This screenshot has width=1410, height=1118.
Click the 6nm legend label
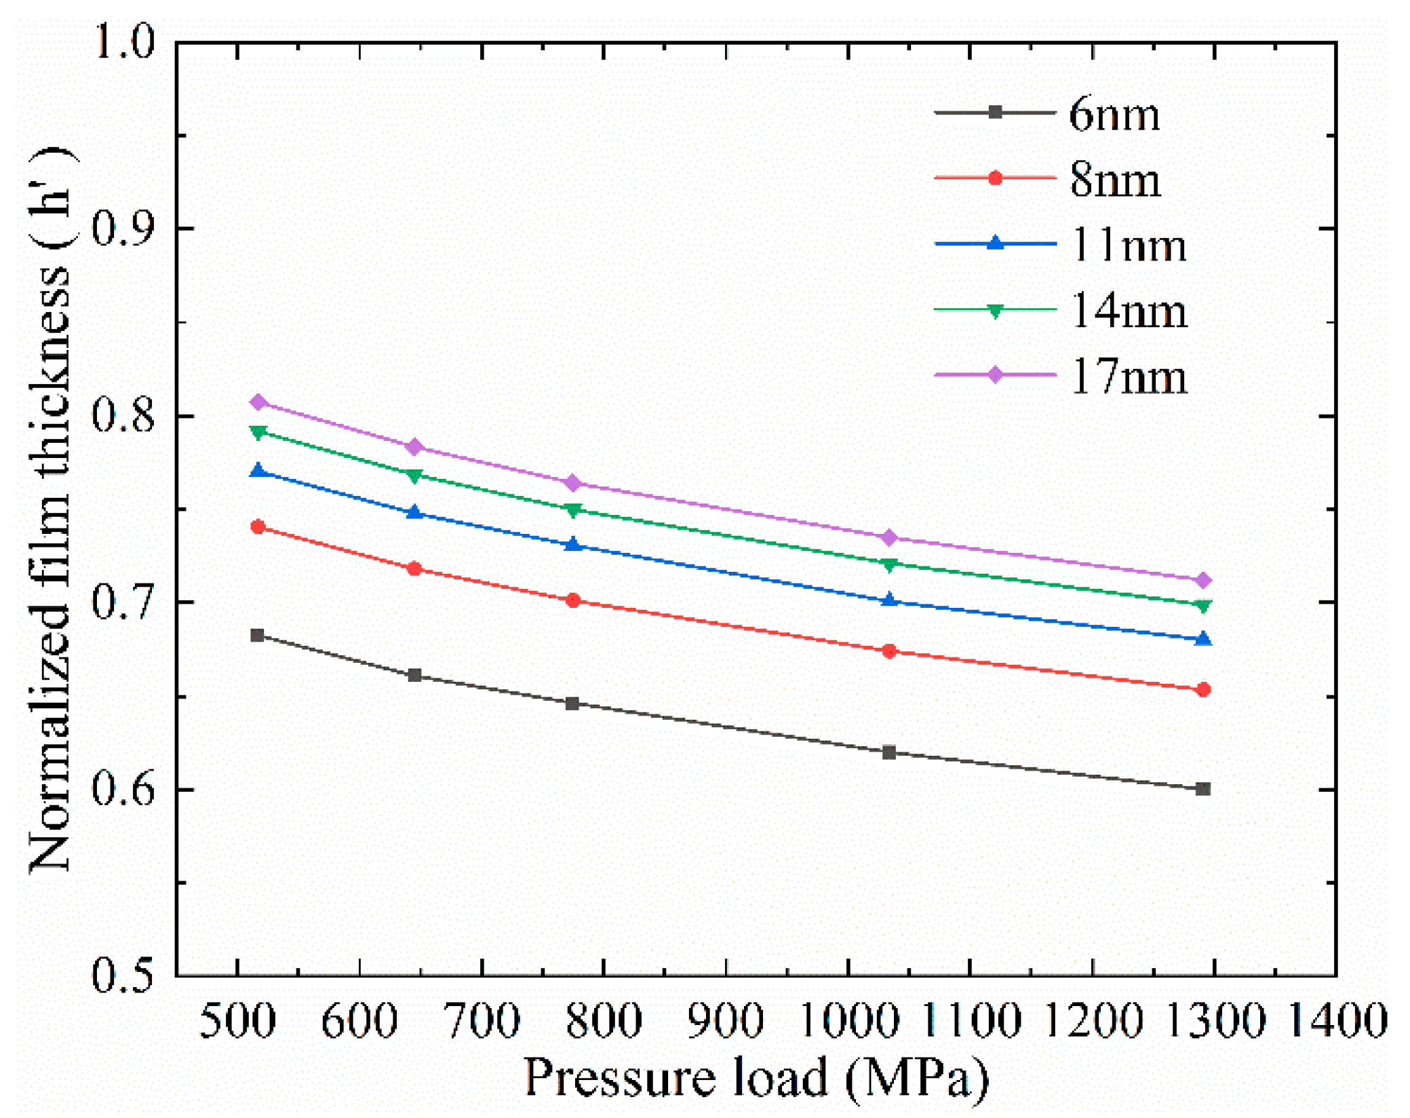(x=1114, y=114)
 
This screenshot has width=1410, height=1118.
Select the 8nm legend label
(x=1115, y=180)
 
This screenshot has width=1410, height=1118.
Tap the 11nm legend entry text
(x=1129, y=245)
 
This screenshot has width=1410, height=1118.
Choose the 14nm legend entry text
(x=1129, y=311)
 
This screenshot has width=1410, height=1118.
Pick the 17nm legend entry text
(x=1129, y=377)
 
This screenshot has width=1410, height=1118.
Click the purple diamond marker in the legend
(x=994, y=374)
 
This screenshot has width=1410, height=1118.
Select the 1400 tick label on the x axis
(x=1336, y=1020)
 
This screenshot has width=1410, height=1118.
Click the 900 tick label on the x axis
(x=725, y=1020)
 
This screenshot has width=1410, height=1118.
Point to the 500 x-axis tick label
(x=237, y=1020)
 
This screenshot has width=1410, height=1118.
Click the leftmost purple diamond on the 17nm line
(x=258, y=402)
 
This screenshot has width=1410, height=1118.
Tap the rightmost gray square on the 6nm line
(x=1203, y=788)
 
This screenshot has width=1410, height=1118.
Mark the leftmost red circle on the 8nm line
(x=258, y=526)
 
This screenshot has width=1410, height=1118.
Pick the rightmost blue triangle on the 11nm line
(x=1203, y=638)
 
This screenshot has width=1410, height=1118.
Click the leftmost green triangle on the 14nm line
(x=258, y=433)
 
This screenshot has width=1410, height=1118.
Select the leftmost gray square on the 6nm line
(x=258, y=635)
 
